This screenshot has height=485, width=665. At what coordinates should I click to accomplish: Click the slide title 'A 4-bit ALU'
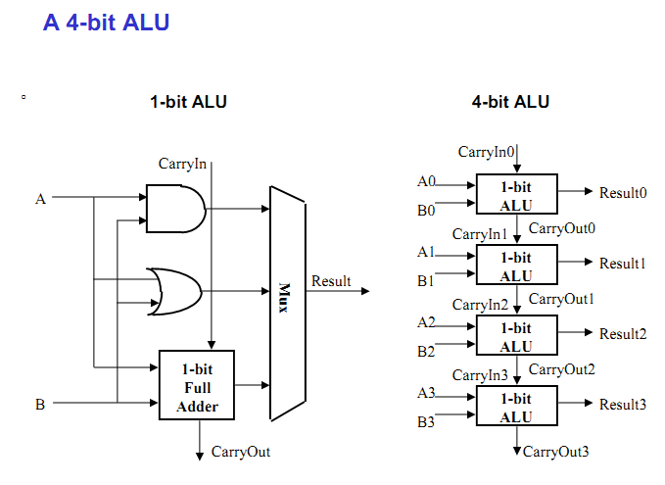(106, 22)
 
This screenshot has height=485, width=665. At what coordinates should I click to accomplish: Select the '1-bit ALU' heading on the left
(188, 102)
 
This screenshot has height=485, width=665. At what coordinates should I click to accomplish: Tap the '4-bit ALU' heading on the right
(510, 102)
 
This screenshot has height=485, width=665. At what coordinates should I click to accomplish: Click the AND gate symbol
(174, 208)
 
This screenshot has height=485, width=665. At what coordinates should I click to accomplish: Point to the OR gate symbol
(174, 290)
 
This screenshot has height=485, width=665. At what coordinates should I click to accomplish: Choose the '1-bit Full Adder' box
(198, 387)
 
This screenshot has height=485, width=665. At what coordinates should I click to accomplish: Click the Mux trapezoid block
(287, 292)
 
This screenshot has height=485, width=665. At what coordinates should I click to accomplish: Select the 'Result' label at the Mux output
(331, 281)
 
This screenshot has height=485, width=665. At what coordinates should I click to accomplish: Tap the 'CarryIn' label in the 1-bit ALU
(183, 164)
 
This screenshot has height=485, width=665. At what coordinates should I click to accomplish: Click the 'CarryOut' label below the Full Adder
(241, 452)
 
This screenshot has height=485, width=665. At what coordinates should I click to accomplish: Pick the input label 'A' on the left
(40, 199)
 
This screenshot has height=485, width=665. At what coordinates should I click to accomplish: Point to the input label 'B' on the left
(40, 404)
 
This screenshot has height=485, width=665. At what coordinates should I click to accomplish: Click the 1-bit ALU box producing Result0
(515, 195)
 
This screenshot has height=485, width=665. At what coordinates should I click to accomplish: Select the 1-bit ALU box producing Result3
(515, 408)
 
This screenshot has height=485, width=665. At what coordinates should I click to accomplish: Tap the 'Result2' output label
(623, 334)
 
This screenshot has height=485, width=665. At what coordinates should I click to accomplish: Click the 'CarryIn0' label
(487, 152)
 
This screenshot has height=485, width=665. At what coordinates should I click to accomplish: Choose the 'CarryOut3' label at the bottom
(556, 452)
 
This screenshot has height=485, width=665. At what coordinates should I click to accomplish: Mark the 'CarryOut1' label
(562, 299)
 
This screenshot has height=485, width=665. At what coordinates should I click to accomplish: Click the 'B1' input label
(425, 280)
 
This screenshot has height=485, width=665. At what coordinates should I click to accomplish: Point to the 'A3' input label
(426, 393)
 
